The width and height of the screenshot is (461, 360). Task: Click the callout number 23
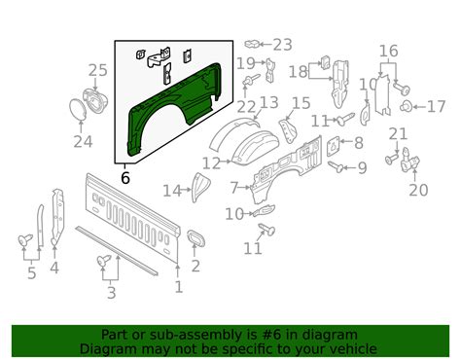point(282,44)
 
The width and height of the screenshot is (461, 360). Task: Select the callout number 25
point(97,70)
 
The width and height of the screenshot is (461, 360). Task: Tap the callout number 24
point(84,143)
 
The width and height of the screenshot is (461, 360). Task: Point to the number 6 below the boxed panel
point(124,178)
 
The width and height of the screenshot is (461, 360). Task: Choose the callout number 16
point(388,51)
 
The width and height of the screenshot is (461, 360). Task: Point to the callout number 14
point(172,190)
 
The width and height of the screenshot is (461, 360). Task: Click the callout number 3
point(111,292)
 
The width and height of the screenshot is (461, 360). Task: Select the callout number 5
point(32,273)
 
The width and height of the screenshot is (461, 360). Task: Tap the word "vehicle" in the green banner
point(326,347)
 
